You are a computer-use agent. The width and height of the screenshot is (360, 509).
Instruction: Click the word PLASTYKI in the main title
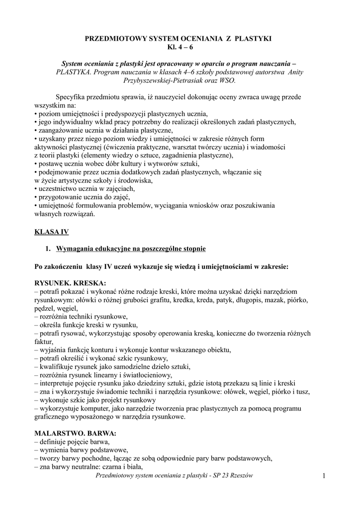253,38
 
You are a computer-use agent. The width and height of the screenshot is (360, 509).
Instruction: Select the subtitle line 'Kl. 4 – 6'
180,47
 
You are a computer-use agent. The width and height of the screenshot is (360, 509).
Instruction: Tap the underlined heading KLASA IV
52,232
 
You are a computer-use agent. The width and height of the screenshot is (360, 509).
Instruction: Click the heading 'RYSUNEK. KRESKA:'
70,283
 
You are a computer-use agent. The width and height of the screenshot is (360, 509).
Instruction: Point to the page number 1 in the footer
323,477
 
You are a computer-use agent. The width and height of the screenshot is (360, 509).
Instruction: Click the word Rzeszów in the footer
241,476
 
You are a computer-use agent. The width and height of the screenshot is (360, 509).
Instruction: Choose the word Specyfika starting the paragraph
74,97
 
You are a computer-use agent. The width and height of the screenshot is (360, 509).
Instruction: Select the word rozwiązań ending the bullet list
78,214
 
